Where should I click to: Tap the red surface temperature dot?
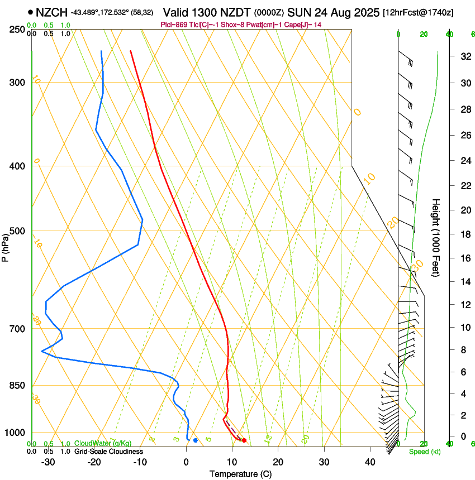coord(244,440)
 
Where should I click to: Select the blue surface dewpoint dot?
coord(195,440)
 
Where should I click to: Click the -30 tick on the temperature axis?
coord(48,462)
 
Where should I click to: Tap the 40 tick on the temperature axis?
coord(370,462)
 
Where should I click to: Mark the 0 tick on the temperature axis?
coord(187,462)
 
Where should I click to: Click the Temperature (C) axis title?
coord(240,474)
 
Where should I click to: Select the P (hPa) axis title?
coord(6,245)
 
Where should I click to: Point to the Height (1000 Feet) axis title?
coord(436,238)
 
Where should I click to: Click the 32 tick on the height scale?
coord(464,56)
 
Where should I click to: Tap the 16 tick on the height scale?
coord(464,258)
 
